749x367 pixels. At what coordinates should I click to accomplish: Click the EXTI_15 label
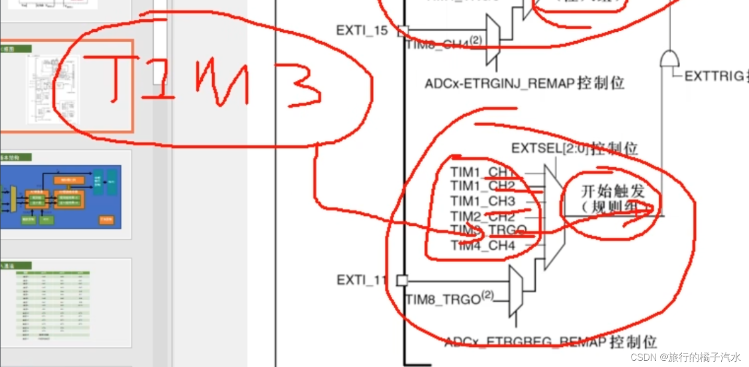pos(362,30)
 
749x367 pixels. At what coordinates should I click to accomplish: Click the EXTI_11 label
pos(362,280)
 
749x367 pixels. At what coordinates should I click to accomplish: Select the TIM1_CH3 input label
pos(482,201)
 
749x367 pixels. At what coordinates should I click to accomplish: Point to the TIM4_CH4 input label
pos(482,245)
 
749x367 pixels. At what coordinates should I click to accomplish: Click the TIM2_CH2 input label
pos(482,216)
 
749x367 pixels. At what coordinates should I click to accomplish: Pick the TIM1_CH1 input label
pos(482,172)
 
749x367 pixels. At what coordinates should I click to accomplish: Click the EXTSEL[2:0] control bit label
pos(574,149)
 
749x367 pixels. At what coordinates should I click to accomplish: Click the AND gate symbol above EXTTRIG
pos(669,58)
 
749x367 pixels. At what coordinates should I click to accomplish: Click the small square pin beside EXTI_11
pos(402,280)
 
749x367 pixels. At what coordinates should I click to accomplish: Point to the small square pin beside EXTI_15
pos(402,30)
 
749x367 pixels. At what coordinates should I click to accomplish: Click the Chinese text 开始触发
pos(613,191)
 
